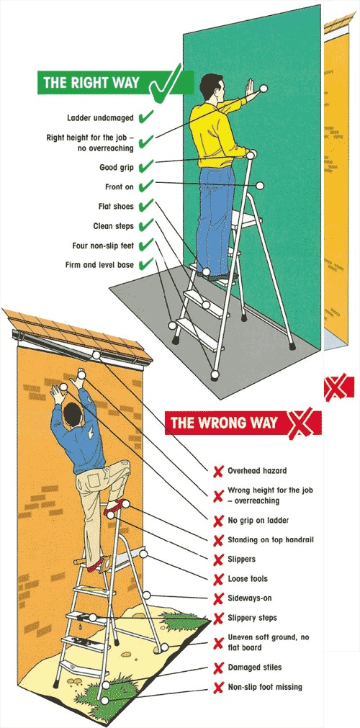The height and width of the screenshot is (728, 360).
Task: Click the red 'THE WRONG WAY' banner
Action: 223,423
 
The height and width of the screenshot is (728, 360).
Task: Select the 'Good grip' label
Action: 117,168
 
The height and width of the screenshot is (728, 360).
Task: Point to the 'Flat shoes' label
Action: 116,207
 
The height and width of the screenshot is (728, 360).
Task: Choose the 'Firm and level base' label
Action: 99,265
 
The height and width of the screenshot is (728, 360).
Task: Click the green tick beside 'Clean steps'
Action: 146,226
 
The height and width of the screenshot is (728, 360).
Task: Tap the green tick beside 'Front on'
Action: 146,187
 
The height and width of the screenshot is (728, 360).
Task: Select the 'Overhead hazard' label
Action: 257,471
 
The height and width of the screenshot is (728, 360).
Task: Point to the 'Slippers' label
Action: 242,559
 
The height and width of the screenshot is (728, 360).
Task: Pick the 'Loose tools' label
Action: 248,579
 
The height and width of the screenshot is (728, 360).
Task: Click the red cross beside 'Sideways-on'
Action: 217,598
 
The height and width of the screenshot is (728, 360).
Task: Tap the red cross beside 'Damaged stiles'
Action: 217,668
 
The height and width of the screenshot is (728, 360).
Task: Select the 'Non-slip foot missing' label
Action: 265,687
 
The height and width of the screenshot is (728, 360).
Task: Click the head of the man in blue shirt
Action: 72,413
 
